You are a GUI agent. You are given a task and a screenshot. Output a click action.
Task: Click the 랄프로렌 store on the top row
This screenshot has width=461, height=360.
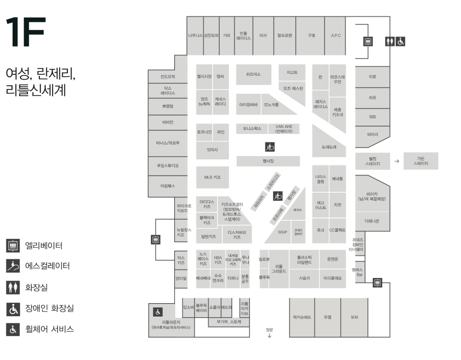coord(285,36)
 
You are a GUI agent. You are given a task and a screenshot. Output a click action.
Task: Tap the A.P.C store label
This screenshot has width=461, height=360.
coord(336,36)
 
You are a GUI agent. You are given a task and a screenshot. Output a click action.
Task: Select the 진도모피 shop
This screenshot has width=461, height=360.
coord(168,77)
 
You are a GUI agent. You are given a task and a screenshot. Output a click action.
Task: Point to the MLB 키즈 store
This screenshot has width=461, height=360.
coord(212,177)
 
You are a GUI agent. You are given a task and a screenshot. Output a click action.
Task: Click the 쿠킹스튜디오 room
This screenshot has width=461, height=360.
coord(168,166)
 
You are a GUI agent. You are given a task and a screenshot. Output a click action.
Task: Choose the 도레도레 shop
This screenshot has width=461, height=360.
coord(329,147)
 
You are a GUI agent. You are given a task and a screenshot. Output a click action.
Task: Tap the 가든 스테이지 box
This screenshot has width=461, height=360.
coord(421,161)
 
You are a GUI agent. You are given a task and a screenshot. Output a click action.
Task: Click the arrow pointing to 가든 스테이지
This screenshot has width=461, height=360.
coord(397,161)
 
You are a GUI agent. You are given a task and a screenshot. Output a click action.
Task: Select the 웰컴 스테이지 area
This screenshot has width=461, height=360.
coord(373,161)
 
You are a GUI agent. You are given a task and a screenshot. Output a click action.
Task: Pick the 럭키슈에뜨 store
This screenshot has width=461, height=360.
coord(302,317)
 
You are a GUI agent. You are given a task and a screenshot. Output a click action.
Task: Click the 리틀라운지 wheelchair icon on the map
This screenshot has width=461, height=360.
coord(158,312)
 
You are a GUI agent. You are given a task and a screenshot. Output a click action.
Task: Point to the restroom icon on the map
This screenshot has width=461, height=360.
coord(390,41)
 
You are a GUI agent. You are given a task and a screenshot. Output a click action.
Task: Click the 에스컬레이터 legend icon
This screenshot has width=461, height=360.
coord(13,266)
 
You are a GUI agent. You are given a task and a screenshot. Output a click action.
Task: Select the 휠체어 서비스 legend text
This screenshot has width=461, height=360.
coord(49,329)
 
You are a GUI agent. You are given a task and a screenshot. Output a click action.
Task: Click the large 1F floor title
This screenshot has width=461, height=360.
coord(26,32)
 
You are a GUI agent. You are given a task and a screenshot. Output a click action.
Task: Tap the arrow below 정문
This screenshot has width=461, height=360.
coord(269,336)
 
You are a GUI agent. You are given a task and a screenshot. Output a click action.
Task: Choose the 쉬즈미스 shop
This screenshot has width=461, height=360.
coord(253,74)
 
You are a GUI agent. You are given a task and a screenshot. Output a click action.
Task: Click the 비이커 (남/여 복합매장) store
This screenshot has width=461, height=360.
coord(372,196)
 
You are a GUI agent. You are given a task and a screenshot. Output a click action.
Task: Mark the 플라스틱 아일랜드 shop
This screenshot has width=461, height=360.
coord(304,260)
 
